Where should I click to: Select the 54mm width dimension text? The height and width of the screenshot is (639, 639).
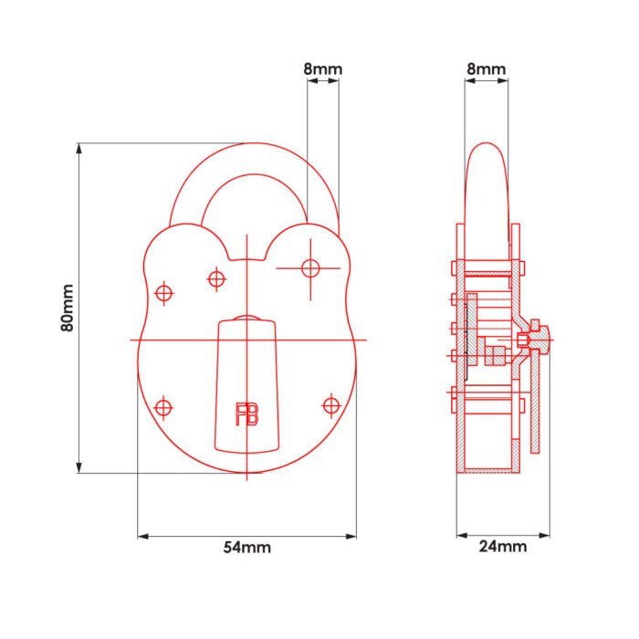point(246,548)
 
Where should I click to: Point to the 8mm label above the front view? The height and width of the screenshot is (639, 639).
point(322,68)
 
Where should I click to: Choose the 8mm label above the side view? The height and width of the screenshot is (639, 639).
point(487,68)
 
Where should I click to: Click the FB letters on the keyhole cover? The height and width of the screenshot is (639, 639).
point(246,414)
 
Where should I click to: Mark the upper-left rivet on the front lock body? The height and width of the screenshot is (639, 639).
point(164,293)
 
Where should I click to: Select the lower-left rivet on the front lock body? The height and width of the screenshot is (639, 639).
point(164,408)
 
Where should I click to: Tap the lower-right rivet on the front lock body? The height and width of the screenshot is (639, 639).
point(330,404)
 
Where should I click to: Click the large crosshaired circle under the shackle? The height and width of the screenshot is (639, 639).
point(310,267)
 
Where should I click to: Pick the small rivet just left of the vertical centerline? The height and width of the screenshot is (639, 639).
point(216,278)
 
